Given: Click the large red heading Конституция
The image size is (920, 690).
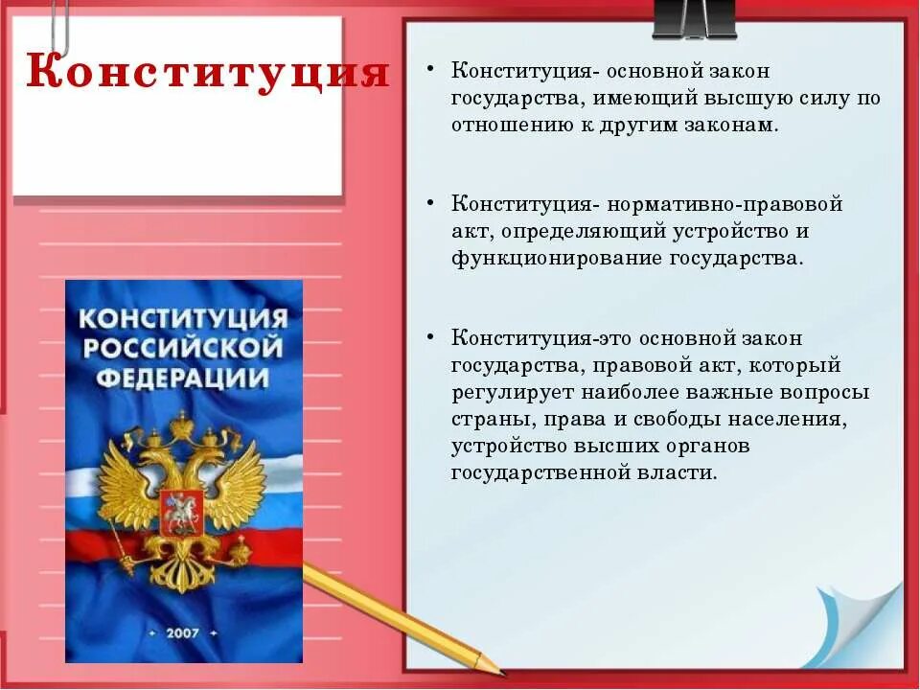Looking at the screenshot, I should (207, 72).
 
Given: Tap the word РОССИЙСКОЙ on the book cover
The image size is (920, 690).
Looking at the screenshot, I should (183, 346).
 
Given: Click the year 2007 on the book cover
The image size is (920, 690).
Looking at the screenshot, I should (183, 633).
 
